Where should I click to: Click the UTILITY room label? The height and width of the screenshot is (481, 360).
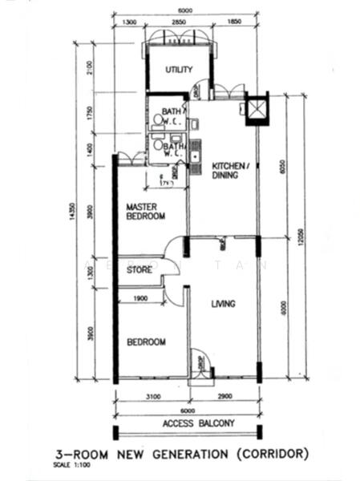(179, 70)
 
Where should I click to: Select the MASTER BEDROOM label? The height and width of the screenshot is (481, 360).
(146, 212)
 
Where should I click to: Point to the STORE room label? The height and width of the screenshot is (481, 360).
(140, 270)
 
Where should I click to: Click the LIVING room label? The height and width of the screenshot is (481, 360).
(223, 304)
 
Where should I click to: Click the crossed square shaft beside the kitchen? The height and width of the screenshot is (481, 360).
(257, 109)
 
